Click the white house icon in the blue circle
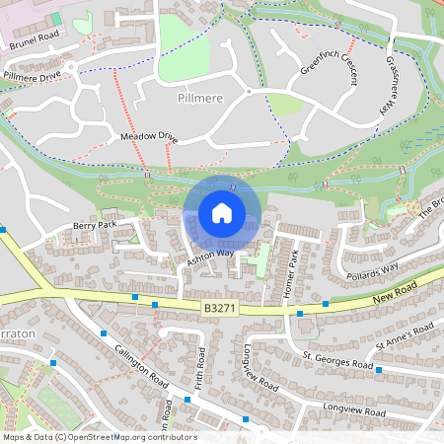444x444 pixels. coord(222,212)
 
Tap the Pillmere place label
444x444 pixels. coord(201,100)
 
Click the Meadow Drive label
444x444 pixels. coord(148,135)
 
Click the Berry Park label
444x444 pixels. coord(95,226)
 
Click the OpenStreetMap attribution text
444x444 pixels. coord(99,437)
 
